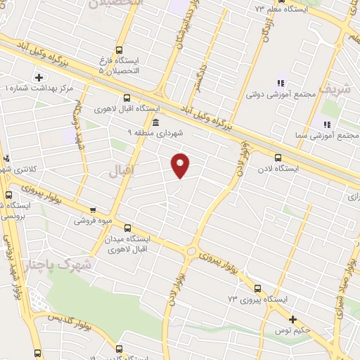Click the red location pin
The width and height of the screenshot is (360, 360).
[x=181, y=165]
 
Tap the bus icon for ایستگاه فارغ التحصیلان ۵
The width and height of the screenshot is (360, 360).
[x=117, y=50]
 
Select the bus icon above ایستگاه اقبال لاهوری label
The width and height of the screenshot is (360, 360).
[x=127, y=98]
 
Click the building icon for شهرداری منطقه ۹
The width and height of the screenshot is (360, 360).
[x=155, y=124]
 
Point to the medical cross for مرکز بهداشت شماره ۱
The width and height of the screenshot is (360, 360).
[x=38, y=77]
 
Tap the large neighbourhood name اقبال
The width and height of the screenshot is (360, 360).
[x=122, y=170]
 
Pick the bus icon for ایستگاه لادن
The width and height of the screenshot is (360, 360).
[x=278, y=157]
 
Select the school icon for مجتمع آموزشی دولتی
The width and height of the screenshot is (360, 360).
[x=281, y=83]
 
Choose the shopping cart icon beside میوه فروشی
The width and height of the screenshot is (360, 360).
[x=93, y=210]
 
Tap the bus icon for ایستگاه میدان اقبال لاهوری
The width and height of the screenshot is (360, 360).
[x=127, y=228]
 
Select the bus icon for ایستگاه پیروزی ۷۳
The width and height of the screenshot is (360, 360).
[x=257, y=288]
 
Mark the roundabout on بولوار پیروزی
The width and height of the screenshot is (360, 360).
[x=190, y=250]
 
